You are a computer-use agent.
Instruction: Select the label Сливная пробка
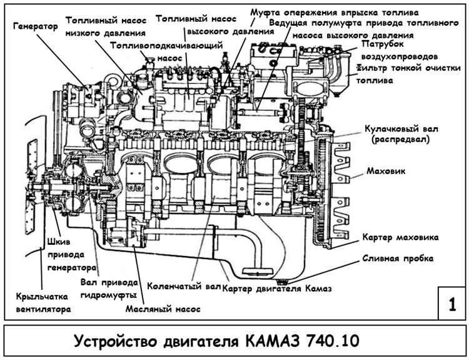(x=398, y=258)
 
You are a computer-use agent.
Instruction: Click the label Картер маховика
(x=401, y=238)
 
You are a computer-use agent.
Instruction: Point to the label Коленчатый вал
(x=184, y=287)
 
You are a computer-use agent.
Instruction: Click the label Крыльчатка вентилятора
(x=44, y=302)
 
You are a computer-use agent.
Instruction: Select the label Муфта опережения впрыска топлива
(x=334, y=13)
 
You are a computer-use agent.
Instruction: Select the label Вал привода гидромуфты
(x=108, y=287)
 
